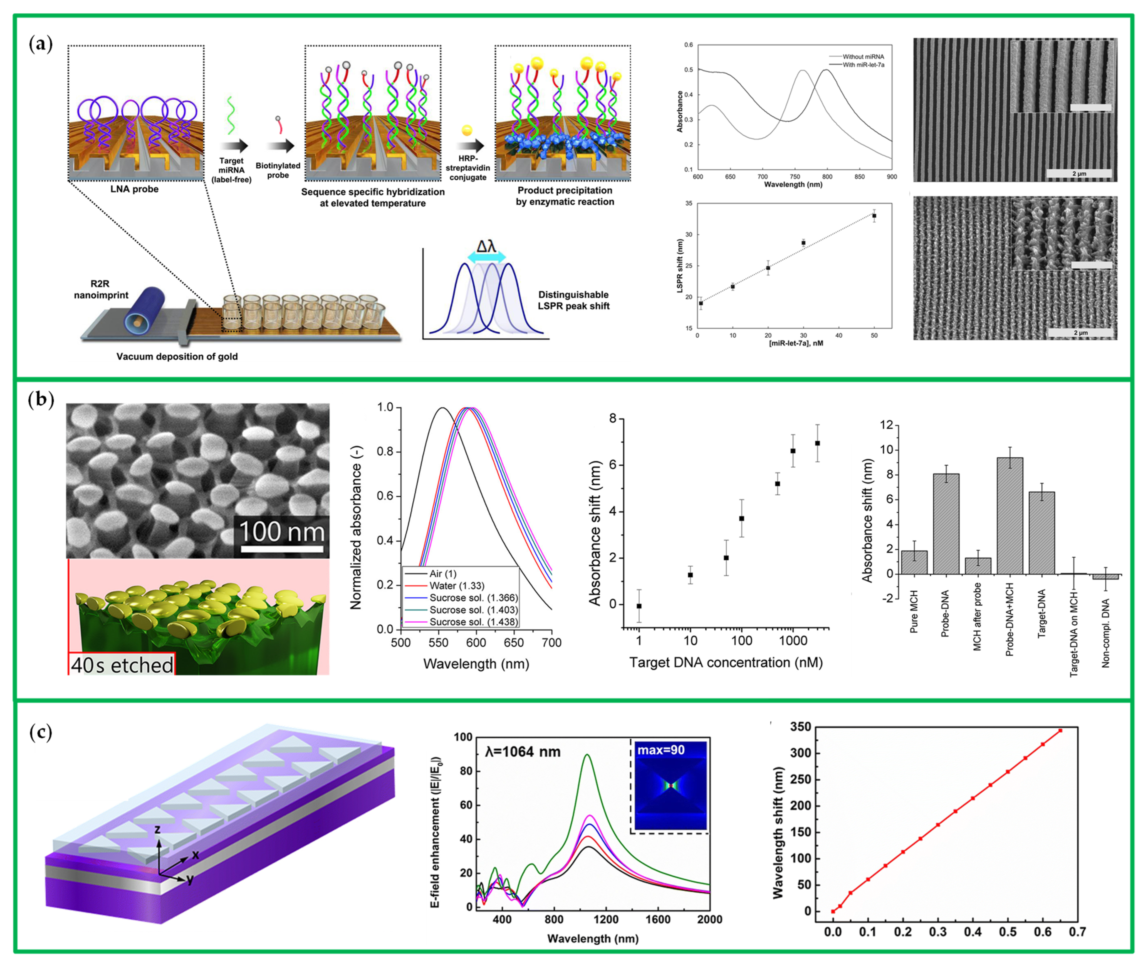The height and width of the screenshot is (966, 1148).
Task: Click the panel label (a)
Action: [41, 44]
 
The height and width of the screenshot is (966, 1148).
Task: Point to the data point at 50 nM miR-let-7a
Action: [874, 216]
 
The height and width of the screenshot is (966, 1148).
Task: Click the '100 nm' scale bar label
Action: [281, 531]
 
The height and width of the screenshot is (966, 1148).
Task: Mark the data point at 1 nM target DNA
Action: [639, 606]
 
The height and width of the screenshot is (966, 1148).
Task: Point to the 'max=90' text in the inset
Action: [660, 750]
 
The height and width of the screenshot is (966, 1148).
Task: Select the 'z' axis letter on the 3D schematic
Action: [157, 830]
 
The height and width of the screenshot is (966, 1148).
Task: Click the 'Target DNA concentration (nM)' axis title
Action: [726, 663]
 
